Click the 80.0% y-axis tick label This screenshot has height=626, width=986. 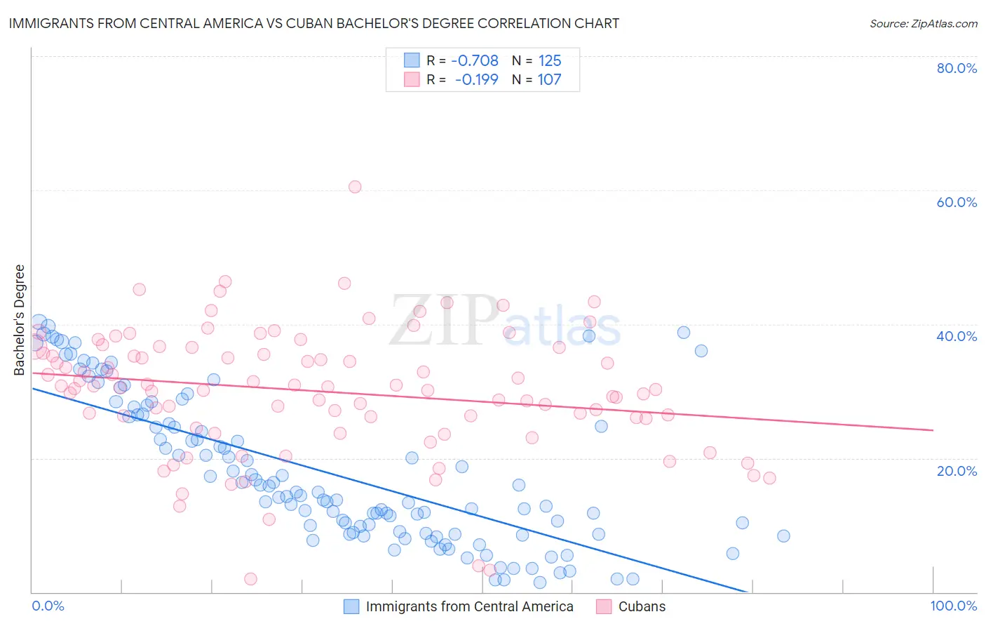(957, 68)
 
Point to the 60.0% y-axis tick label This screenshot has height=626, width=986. (957, 202)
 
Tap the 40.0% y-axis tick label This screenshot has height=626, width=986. (957, 336)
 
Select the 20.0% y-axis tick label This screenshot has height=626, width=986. (957, 470)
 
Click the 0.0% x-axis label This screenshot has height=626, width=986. (48, 606)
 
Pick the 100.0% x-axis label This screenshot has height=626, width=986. (953, 606)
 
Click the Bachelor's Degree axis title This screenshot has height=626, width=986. (20, 320)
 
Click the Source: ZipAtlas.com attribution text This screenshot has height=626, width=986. (923, 23)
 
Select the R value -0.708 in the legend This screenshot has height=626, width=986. (475, 60)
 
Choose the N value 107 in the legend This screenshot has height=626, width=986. (549, 79)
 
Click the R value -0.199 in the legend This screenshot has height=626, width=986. (476, 79)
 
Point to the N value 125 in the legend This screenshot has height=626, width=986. (550, 60)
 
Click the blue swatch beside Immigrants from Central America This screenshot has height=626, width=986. (351, 606)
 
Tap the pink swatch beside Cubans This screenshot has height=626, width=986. (604, 606)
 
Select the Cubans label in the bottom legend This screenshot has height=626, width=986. (642, 606)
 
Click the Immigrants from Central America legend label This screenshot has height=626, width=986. (469, 606)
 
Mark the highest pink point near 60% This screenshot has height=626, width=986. (355, 187)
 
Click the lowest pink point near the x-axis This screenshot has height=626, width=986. (250, 579)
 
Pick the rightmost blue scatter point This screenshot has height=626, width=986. (783, 535)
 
